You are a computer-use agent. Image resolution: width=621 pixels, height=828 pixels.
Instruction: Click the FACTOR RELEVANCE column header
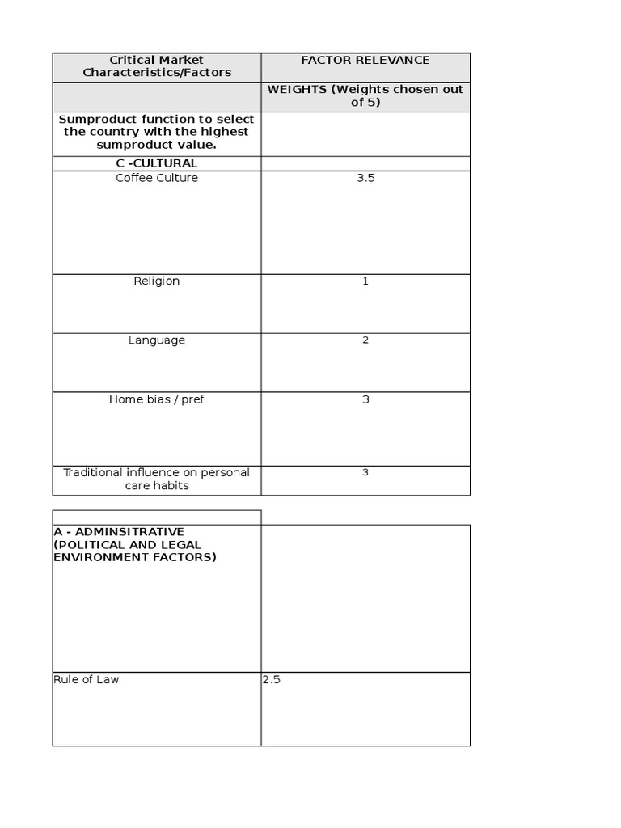pos(365,61)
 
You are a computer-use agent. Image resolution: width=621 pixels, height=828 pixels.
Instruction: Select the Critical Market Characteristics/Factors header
pos(157,66)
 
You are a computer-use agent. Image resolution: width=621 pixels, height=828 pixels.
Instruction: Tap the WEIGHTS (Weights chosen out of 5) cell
pos(365,96)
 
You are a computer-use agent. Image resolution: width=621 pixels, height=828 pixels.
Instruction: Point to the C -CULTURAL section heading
pos(157,163)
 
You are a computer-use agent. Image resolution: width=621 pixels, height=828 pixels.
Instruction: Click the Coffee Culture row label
pos(157,178)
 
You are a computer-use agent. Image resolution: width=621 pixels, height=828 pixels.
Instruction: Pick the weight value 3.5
pos(365,178)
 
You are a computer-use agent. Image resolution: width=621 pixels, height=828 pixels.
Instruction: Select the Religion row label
pos(157,281)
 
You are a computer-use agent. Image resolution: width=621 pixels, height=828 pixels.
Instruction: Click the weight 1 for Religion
pos(365,281)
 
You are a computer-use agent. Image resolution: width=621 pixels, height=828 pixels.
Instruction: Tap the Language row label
pos(157,340)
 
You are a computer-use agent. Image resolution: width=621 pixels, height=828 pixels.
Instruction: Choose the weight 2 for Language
pos(365,340)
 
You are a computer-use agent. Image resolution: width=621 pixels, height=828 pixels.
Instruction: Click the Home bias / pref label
pos(157,399)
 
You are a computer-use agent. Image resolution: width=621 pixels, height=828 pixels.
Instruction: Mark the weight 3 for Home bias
pos(365,399)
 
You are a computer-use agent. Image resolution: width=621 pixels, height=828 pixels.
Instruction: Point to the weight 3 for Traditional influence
pos(365,472)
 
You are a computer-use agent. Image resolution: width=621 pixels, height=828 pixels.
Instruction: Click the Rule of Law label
pos(87,680)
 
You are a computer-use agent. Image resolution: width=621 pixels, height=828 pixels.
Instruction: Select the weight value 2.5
pos(272,680)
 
